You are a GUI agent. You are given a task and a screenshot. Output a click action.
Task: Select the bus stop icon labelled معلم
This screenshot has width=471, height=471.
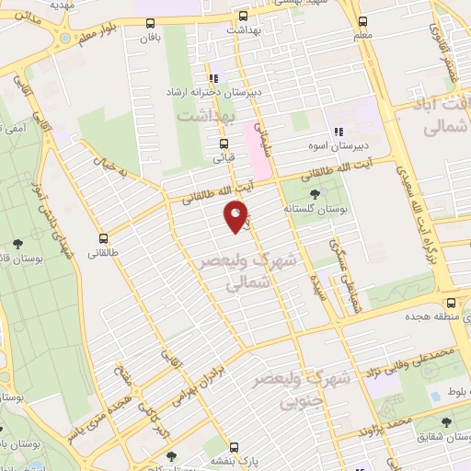click(x=363, y=21)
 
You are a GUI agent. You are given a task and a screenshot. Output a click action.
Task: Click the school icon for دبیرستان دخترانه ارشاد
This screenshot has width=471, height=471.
click(x=213, y=78)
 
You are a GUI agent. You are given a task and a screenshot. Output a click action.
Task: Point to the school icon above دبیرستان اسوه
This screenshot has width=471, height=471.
click(x=339, y=131)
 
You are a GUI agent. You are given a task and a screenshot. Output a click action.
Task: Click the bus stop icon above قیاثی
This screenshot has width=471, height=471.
click(x=224, y=144)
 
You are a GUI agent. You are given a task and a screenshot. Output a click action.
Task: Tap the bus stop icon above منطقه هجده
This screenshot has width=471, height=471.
click(x=451, y=302)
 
